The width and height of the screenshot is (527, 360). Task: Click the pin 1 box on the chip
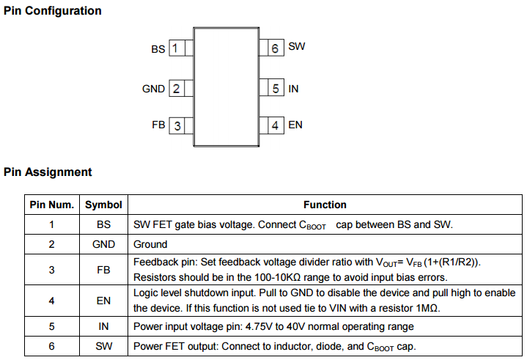(x=177, y=48)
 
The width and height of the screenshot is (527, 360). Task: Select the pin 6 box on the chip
(x=275, y=48)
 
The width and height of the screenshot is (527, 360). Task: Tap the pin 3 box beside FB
(x=177, y=125)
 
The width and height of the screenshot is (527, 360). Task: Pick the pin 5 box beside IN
(x=275, y=89)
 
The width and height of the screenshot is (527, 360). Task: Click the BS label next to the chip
(x=158, y=49)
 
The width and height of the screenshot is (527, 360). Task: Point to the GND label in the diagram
(x=153, y=89)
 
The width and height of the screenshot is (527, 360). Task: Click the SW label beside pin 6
(x=297, y=46)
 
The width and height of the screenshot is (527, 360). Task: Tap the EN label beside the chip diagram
(x=295, y=125)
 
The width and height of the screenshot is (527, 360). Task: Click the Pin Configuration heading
(x=53, y=11)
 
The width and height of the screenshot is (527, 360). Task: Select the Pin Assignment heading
(x=48, y=172)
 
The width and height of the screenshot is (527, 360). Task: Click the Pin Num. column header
(x=51, y=205)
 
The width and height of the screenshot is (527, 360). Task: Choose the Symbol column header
(x=103, y=205)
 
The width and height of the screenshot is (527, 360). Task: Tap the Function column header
(x=325, y=205)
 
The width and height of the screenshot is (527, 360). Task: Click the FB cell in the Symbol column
(x=103, y=270)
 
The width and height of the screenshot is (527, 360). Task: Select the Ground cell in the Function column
(x=150, y=244)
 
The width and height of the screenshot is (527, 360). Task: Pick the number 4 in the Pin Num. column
(x=51, y=301)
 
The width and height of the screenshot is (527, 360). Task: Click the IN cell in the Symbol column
(x=103, y=326)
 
